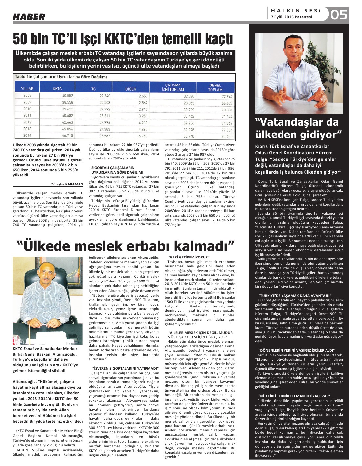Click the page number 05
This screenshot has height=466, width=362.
click(339, 14)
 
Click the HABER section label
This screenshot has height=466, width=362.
click(29, 17)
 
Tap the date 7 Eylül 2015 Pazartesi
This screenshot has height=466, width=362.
click(291, 17)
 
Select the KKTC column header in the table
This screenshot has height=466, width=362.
click(57, 89)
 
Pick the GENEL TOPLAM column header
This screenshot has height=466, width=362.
click(215, 87)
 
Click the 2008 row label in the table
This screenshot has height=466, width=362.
click(27, 95)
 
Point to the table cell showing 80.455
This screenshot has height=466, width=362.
click(227, 136)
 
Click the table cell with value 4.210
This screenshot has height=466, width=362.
click(143, 122)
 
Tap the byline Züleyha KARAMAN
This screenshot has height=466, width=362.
click(67, 184)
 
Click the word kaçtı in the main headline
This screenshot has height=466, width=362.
click(215, 39)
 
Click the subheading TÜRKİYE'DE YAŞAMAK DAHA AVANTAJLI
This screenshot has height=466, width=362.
click(295, 296)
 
